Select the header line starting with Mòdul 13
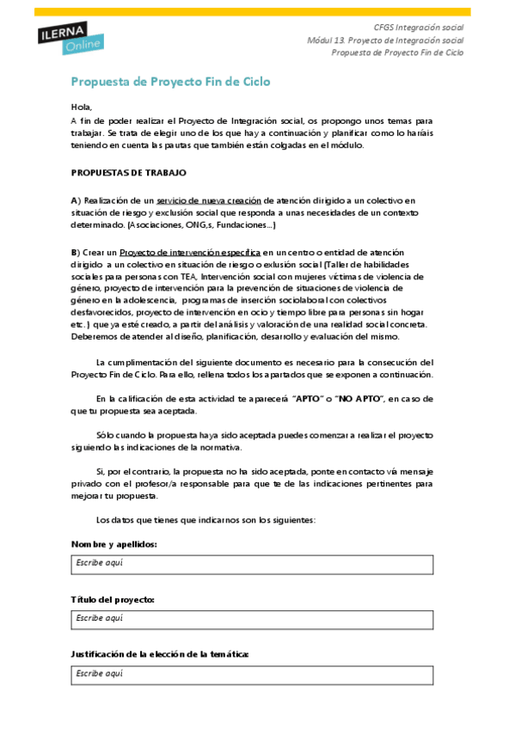pyautogui.click(x=385, y=40)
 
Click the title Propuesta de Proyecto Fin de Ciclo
pyautogui.click(x=170, y=82)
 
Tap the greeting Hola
pyautogui.click(x=81, y=107)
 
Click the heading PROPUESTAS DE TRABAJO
pyautogui.click(x=128, y=173)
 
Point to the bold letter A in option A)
pyautogui.click(x=74, y=199)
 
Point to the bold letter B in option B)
pyautogui.click(x=74, y=252)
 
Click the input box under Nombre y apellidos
pyautogui.click(x=252, y=564)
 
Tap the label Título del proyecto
pyautogui.click(x=113, y=599)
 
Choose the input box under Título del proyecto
pyautogui.click(x=252, y=619)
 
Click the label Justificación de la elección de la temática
pyautogui.click(x=160, y=654)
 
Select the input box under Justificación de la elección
pyautogui.click(x=252, y=674)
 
